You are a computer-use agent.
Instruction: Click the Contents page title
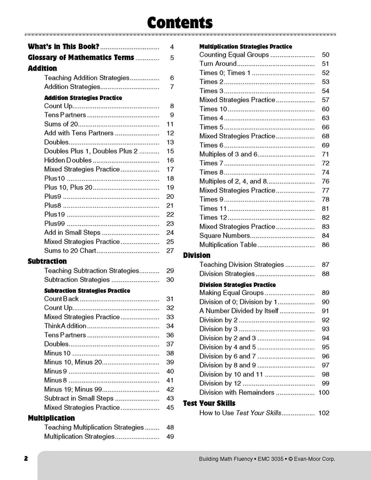tap(180, 22)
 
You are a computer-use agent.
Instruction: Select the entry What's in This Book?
tap(63, 47)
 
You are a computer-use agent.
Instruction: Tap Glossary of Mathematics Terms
tap(81, 58)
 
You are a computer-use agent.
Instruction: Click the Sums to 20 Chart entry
tap(70, 251)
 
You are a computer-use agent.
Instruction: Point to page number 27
tap(170, 251)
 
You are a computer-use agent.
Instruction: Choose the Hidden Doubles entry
tap(68, 160)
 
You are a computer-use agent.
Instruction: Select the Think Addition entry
tap(65, 326)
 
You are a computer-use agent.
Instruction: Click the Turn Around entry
tap(218, 64)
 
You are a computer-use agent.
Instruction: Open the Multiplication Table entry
tap(228, 245)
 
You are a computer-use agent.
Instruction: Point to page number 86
tap(326, 245)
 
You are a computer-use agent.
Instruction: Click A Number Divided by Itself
tap(239, 311)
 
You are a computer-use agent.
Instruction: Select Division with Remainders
tap(237, 392)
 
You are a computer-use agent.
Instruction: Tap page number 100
tap(324, 392)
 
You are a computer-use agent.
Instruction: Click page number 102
tap(324, 413)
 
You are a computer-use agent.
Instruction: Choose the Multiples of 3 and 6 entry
tap(228, 154)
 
